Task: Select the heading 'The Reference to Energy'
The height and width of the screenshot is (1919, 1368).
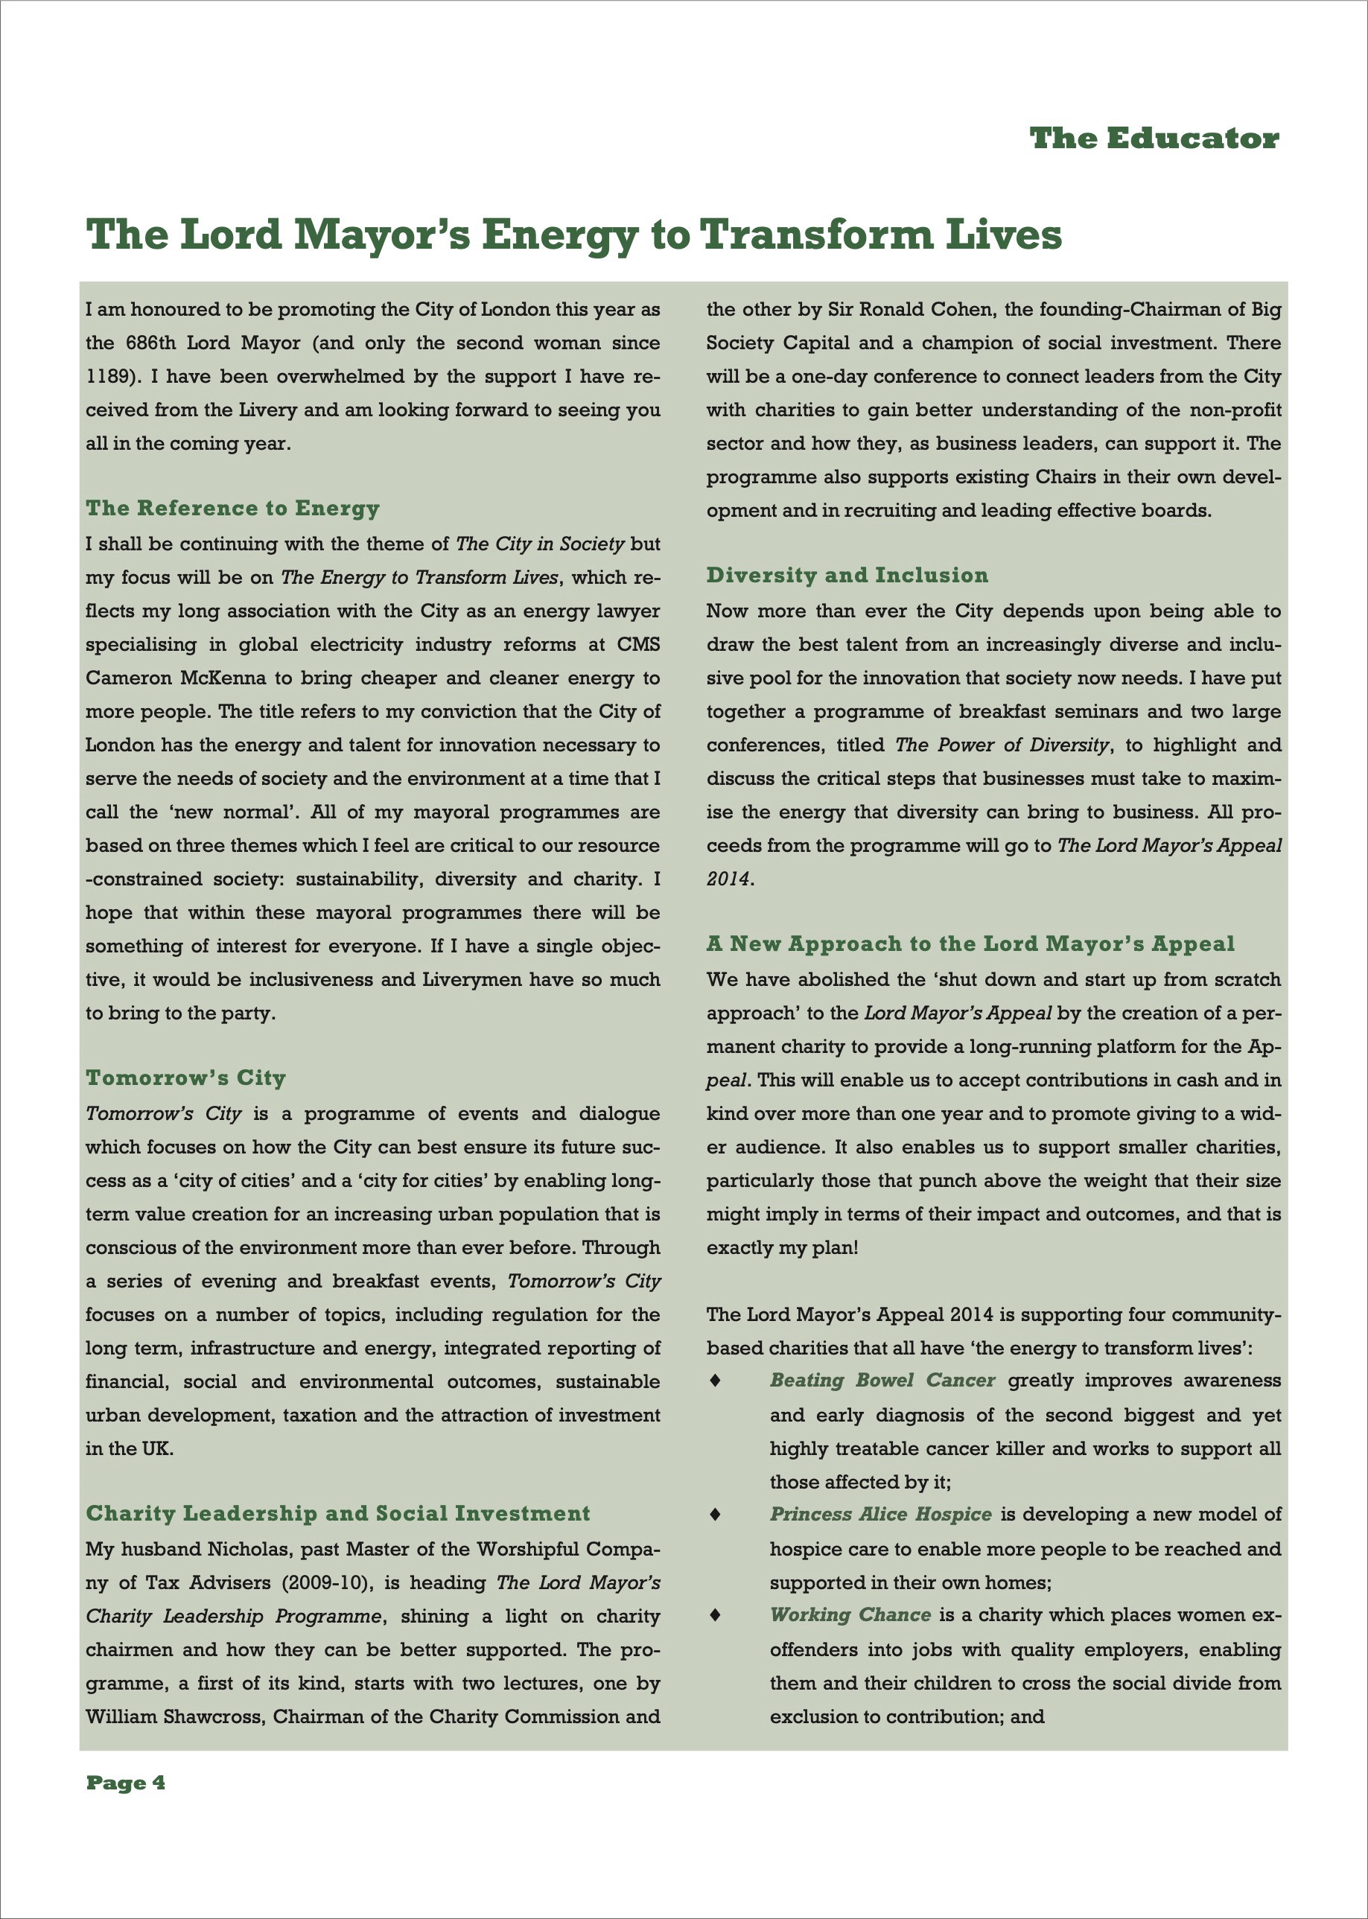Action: (x=232, y=508)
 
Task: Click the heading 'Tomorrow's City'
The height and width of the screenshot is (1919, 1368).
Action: (x=185, y=1078)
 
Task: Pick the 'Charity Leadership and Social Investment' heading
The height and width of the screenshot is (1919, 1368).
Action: (x=338, y=1514)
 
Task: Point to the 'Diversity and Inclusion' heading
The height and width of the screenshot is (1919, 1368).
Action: (x=847, y=576)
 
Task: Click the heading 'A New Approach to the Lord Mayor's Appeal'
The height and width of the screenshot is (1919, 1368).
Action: (x=970, y=943)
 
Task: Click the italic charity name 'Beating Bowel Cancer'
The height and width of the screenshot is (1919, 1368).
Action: (x=882, y=1381)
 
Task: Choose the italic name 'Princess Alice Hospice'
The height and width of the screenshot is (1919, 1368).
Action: (x=880, y=1515)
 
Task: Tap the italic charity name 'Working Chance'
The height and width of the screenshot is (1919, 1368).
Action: (x=850, y=1615)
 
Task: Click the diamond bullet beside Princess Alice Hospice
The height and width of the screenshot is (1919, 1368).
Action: (x=715, y=1515)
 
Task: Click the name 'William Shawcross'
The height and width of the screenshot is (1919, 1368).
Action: (x=174, y=1716)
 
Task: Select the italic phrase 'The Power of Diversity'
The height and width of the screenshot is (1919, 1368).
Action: (x=1002, y=745)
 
